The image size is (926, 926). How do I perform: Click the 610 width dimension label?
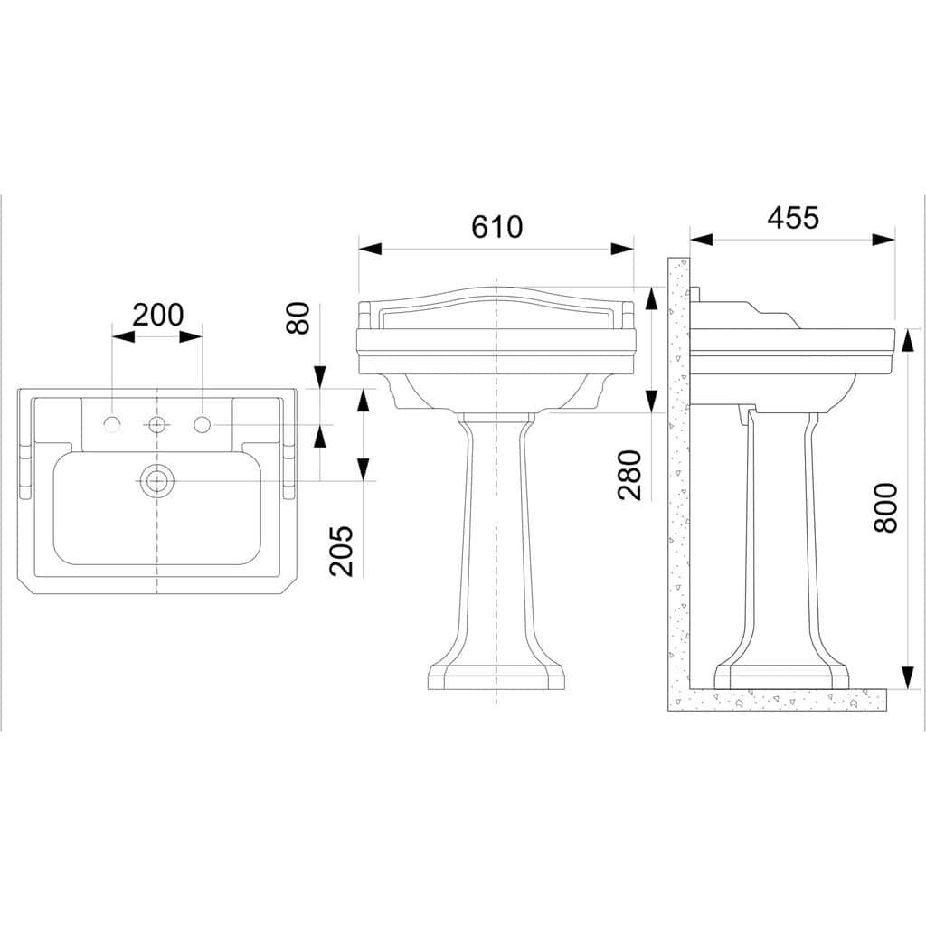496,227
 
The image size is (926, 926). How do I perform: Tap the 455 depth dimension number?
792,218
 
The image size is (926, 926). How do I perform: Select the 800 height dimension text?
885,508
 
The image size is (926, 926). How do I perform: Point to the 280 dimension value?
629,475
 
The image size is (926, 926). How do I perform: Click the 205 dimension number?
341,551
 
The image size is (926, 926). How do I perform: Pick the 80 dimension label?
298,318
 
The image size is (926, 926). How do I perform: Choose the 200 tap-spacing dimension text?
157,315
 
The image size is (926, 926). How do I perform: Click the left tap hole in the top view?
111,424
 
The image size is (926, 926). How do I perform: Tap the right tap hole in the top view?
202,424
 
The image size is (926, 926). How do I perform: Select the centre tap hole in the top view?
157,424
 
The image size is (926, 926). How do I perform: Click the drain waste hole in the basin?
157,481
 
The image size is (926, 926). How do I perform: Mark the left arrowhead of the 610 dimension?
370,249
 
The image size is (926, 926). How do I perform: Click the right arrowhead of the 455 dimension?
883,240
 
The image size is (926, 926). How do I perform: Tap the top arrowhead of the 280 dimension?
651,298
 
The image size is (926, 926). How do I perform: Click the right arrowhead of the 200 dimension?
191,336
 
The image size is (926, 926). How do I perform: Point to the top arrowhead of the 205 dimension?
364,401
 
